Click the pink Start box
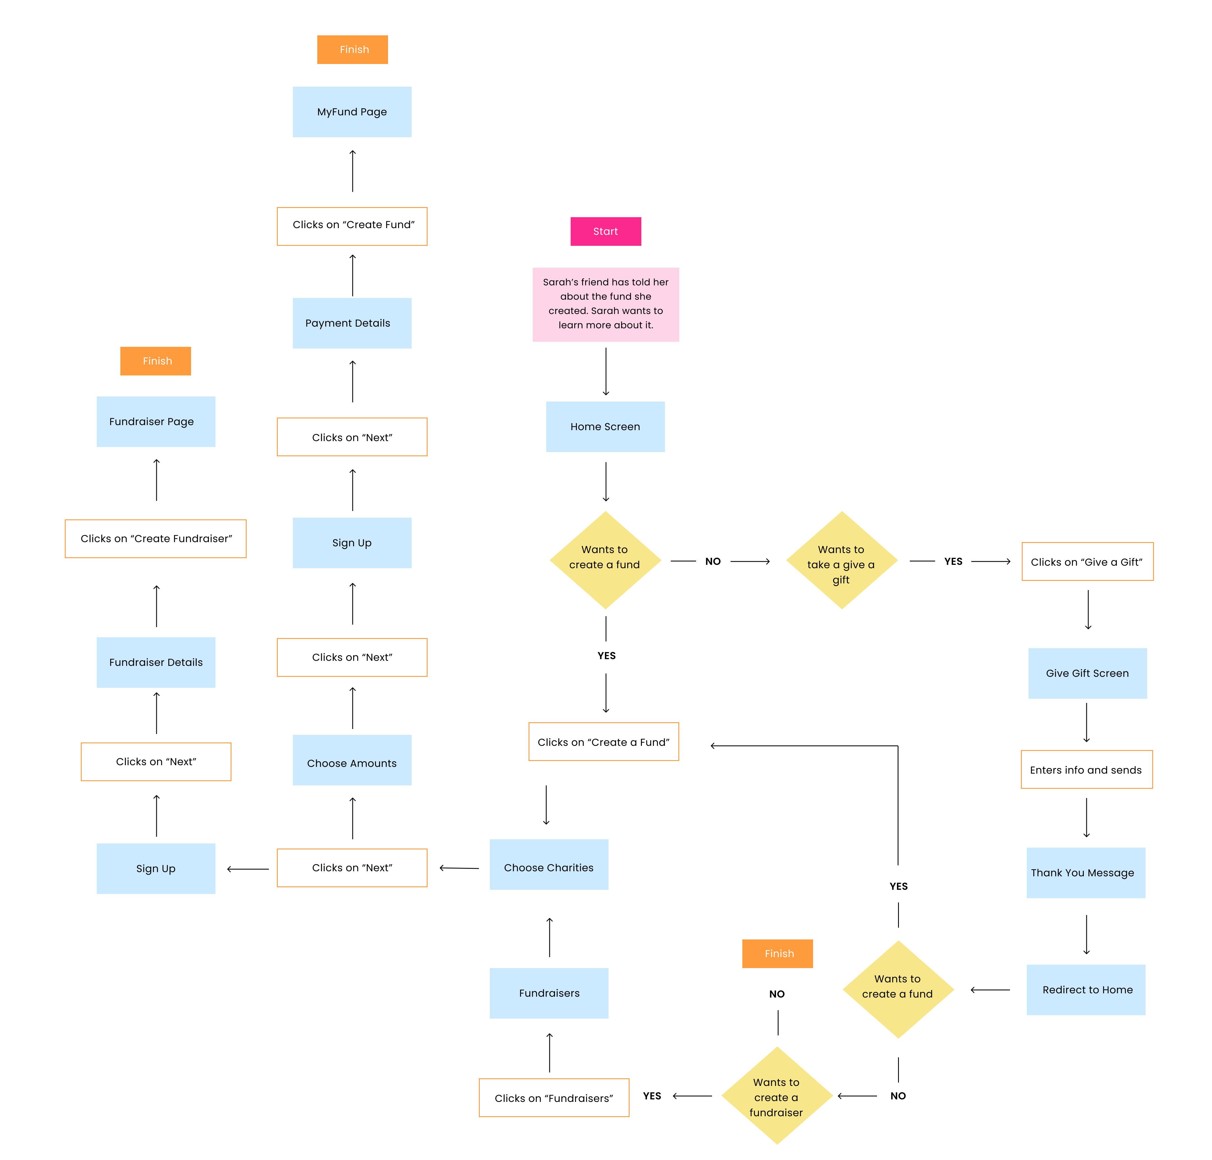click(605, 231)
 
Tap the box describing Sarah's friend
click(605, 304)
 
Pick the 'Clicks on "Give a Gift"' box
click(1087, 561)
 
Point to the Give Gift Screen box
click(1087, 673)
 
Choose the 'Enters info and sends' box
click(1087, 770)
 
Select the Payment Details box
click(352, 323)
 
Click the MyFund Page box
click(352, 112)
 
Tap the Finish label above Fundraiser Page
click(156, 361)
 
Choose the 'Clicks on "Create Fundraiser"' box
click(156, 538)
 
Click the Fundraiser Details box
click(156, 662)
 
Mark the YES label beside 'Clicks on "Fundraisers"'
click(652, 1096)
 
